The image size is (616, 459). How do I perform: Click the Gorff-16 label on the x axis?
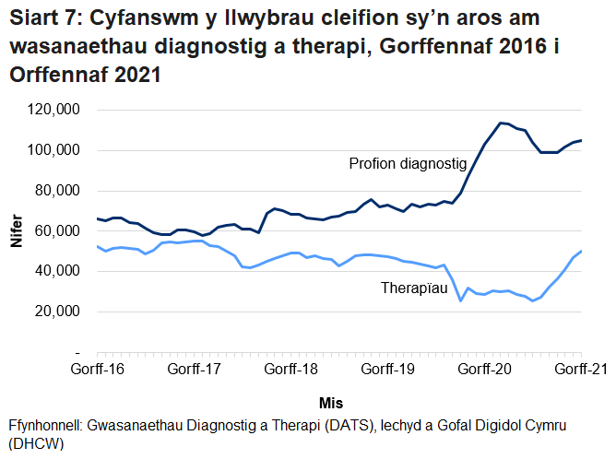[x=98, y=370]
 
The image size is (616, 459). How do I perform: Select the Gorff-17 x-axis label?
[x=195, y=370]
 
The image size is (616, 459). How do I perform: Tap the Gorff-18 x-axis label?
[x=291, y=370]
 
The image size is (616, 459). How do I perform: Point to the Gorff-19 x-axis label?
[x=388, y=370]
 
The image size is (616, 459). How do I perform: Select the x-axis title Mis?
[x=331, y=403]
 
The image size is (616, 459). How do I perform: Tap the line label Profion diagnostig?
[x=408, y=164]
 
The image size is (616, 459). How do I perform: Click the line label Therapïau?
[x=415, y=288]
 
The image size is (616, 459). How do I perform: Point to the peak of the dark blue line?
[x=500, y=123]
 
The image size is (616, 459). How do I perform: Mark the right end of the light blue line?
[x=581, y=251]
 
